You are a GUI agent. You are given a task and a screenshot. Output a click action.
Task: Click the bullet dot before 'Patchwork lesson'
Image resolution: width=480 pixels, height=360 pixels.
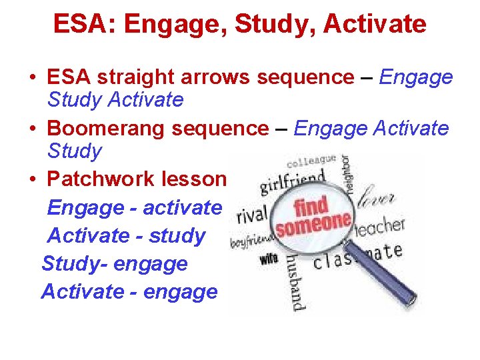point(33,180)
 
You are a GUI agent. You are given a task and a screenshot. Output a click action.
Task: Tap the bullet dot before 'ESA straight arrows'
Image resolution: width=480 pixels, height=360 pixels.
point(33,78)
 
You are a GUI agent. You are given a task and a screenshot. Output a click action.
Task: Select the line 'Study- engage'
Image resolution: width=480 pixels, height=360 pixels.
point(115,263)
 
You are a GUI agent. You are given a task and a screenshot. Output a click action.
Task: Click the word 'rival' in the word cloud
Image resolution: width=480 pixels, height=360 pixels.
point(251,215)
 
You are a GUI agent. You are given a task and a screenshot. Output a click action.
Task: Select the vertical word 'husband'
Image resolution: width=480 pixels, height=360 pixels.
point(296,280)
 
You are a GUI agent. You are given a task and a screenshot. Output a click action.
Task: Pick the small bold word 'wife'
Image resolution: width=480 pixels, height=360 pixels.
point(269,258)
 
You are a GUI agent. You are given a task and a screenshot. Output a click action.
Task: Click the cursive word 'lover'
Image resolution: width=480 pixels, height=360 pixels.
point(377,198)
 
